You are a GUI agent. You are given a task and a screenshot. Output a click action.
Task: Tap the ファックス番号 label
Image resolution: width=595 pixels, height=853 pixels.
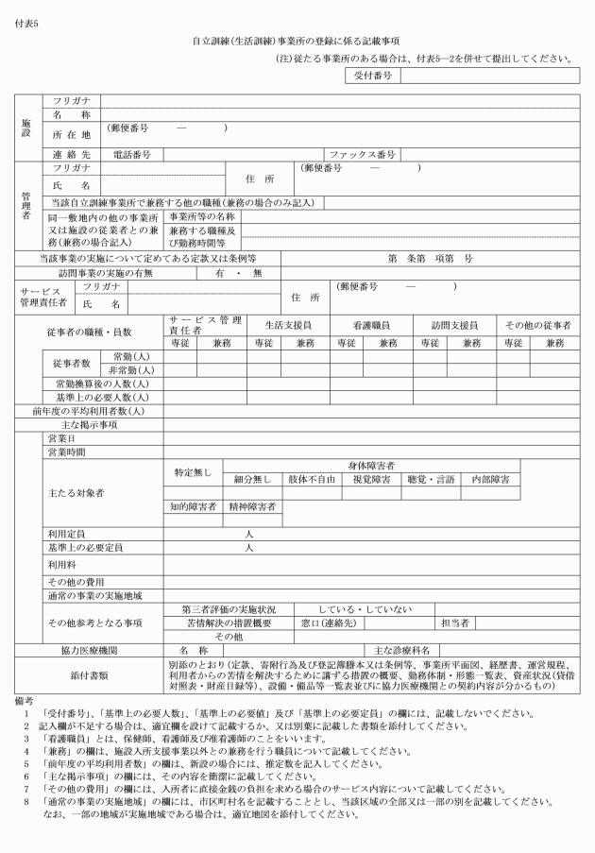362,153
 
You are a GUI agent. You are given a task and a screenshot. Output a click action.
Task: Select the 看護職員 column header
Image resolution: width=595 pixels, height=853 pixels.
365,323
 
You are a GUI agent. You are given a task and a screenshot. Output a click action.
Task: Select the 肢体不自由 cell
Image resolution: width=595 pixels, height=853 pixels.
313,480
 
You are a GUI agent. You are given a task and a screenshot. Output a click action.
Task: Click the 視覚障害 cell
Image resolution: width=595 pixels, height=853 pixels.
372,480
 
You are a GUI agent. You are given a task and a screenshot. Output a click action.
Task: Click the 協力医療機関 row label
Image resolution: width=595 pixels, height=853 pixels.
89,649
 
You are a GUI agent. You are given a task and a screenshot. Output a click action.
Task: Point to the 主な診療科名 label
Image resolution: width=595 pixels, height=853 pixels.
402,649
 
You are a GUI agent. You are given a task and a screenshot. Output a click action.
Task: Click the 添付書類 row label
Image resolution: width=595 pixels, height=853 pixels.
89,675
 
